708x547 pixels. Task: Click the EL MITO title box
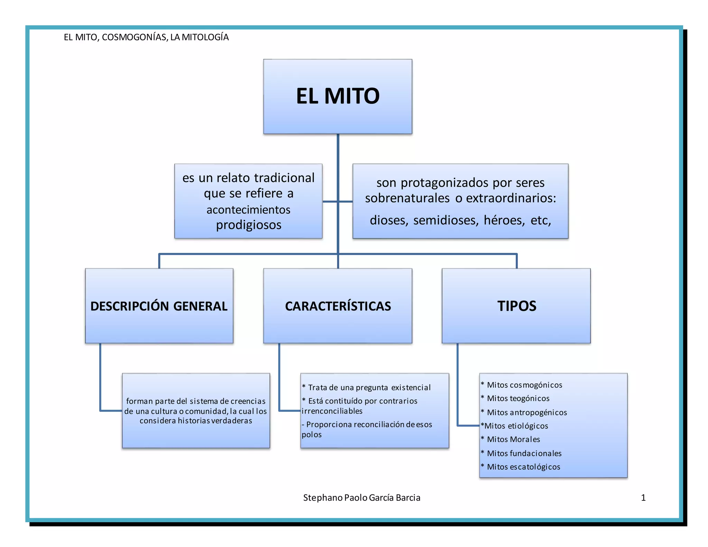(338, 96)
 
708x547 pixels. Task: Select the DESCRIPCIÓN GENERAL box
(159, 306)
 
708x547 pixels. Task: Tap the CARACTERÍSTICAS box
(338, 306)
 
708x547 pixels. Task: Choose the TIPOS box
(516, 306)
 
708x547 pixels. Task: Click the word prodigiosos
(249, 225)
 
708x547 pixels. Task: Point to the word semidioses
(446, 220)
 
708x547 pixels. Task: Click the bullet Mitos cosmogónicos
(524, 385)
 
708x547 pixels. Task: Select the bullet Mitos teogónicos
(518, 398)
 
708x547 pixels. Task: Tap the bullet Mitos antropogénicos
(527, 412)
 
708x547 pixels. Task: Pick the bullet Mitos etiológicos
(516, 426)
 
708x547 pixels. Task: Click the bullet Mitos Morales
(513, 439)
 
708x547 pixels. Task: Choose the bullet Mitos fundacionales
(524, 453)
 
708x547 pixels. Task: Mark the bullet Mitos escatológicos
(523, 467)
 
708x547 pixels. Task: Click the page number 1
(643, 498)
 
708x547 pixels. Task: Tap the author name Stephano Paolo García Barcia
(362, 498)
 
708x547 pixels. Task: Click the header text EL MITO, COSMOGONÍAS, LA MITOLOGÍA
(146, 37)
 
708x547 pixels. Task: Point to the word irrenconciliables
(332, 411)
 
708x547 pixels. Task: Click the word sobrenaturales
(407, 198)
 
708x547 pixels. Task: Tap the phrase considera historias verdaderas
(196, 421)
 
